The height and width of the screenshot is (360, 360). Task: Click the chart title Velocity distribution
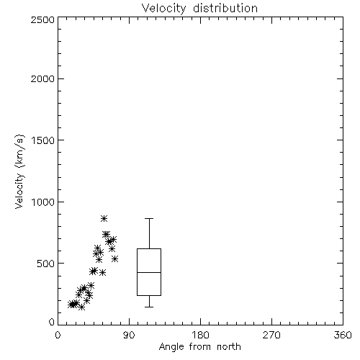[x=199, y=8]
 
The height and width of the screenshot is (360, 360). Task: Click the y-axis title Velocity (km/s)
[x=19, y=171]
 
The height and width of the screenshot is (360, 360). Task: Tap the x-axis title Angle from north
[x=199, y=347]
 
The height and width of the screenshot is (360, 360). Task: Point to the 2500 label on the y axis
[x=42, y=19]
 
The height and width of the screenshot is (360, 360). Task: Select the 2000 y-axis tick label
[x=42, y=78]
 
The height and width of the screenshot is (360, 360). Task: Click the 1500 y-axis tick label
[x=43, y=140]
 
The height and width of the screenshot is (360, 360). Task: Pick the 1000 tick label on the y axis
[x=43, y=202]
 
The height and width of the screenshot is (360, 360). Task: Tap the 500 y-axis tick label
[x=46, y=264]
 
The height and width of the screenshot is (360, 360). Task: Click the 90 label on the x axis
[x=129, y=335]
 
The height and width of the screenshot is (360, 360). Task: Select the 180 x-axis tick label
[x=199, y=335]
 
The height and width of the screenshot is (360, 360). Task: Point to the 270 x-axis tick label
[x=271, y=335]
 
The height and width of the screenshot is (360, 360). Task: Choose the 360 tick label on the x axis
[x=343, y=335]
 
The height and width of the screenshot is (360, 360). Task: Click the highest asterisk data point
[x=104, y=218]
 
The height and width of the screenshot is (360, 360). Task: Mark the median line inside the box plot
[x=149, y=272]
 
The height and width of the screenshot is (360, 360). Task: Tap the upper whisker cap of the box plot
[x=149, y=218]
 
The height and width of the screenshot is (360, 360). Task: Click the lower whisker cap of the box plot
[x=149, y=307]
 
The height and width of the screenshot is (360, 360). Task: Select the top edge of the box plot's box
[x=149, y=249]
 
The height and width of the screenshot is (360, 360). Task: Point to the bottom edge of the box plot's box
[x=149, y=295]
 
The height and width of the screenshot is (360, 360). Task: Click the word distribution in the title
[x=225, y=8]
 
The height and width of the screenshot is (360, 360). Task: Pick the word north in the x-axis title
[x=229, y=347]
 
